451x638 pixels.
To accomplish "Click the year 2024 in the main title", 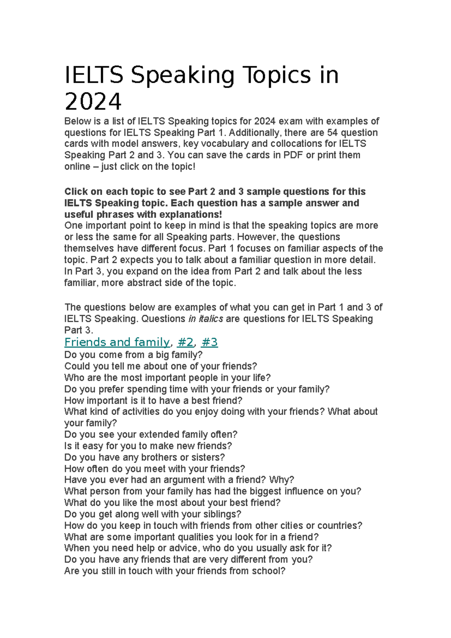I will coord(93,102).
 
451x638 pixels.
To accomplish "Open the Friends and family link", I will coord(117,342).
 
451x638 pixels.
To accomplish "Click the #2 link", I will coord(185,342).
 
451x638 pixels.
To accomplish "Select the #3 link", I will coord(210,342).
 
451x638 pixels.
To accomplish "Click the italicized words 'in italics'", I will coord(206,319).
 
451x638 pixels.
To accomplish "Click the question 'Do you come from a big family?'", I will coord(133,355).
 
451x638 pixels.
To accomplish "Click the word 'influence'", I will coord(307,491).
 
